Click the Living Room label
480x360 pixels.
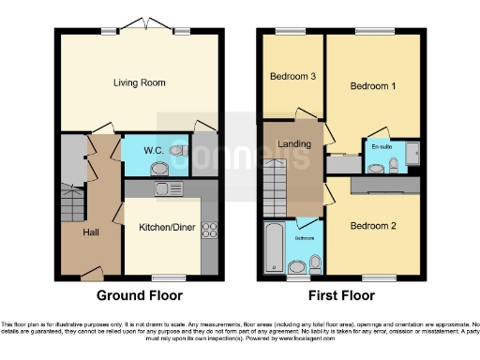141,83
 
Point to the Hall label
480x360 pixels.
90,232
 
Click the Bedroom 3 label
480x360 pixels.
292,77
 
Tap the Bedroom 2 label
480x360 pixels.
373,226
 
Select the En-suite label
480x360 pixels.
382,147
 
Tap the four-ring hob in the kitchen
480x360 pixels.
210,230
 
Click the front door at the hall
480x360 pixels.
90,273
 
